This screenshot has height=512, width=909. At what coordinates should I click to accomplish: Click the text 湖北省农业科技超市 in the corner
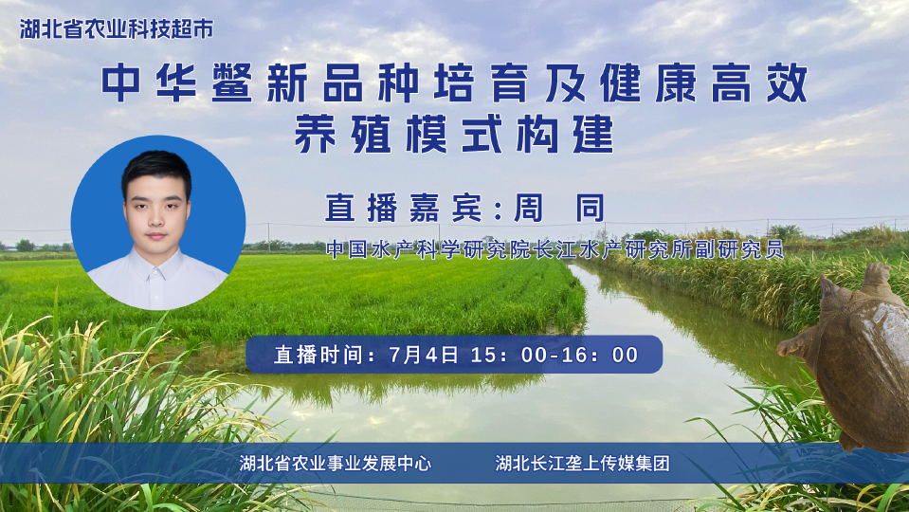click(117, 29)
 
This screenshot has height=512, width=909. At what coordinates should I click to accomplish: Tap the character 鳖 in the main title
click(231, 82)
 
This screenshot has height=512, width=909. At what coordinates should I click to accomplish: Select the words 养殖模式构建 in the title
click(454, 134)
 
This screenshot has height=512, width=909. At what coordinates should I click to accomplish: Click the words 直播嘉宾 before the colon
click(404, 208)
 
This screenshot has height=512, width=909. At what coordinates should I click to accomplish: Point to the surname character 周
click(528, 208)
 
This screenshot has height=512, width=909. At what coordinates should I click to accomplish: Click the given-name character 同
click(591, 208)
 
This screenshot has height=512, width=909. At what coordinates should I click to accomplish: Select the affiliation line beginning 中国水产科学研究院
click(554, 248)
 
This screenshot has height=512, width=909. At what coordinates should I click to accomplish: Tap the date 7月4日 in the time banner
click(424, 355)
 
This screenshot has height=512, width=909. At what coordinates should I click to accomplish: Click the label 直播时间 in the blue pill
click(319, 355)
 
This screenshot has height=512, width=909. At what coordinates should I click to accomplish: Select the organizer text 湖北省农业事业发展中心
click(336, 463)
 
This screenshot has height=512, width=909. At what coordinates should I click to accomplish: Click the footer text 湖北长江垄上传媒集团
click(582, 463)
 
